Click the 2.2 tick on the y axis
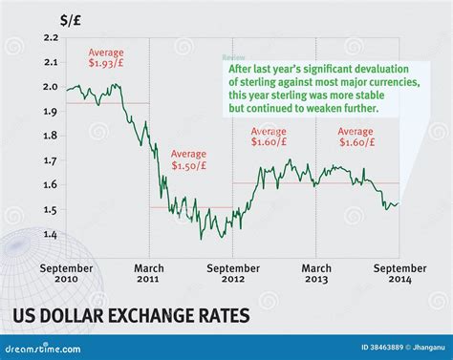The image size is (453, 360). pyautogui.click(x=51, y=37)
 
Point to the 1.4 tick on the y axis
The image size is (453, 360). pyautogui.click(x=51, y=235)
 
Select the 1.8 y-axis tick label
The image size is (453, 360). pyautogui.click(x=51, y=136)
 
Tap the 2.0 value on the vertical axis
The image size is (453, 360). pyautogui.click(x=51, y=87)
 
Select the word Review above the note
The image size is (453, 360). pyautogui.click(x=233, y=57)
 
